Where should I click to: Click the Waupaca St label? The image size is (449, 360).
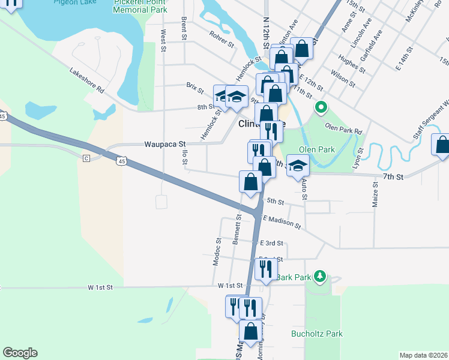166,145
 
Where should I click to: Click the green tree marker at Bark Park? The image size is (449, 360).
321,276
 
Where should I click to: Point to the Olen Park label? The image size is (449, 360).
316,149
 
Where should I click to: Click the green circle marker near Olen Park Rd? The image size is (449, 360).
321,108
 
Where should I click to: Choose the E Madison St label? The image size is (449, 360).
281,221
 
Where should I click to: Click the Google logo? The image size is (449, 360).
20,353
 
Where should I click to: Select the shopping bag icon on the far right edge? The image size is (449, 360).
442,145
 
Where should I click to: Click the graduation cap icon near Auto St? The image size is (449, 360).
297,166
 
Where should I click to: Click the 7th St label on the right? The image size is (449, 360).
393,177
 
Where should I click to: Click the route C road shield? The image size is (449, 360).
86,158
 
